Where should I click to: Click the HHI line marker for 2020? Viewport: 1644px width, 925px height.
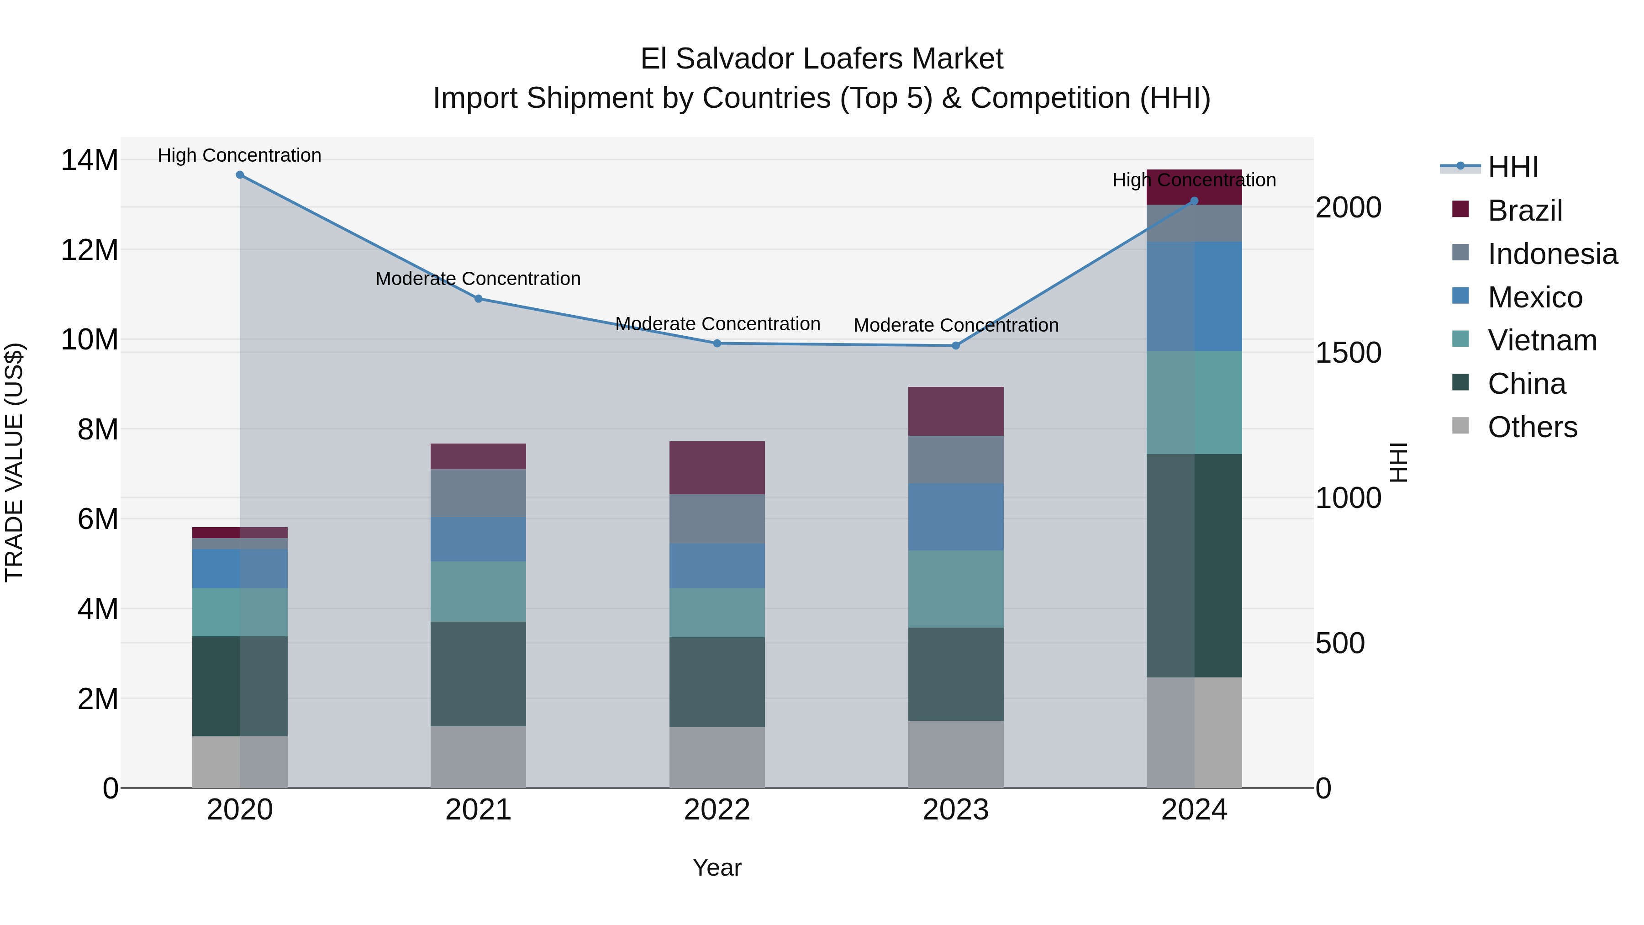240,175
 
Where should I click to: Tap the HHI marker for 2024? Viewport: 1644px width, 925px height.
1194,201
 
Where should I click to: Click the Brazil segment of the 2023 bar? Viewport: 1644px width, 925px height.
955,411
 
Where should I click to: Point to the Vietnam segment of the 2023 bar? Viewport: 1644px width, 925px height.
955,589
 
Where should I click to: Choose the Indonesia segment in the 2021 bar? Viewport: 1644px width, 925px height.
478,493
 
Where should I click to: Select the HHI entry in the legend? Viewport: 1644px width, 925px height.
1512,167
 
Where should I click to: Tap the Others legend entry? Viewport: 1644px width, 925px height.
1532,427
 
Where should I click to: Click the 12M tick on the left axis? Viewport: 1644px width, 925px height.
90,249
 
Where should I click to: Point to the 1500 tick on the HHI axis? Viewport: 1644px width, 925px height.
1348,353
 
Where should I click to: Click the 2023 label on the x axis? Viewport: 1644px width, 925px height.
955,810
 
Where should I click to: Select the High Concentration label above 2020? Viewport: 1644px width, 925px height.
239,155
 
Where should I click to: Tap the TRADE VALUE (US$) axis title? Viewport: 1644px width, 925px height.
14,462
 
